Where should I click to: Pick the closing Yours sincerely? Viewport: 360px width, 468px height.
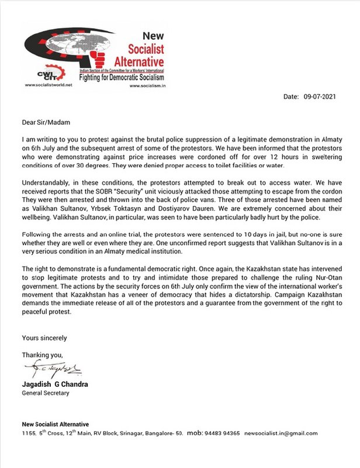point(44,338)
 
